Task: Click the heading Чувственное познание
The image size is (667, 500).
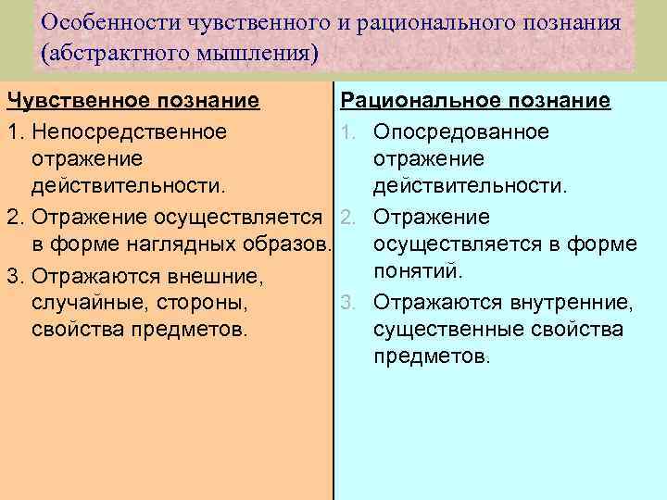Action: click(x=132, y=100)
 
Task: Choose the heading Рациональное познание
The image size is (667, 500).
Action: click(x=476, y=100)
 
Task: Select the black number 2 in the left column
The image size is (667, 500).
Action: click(x=13, y=217)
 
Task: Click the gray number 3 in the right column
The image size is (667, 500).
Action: click(x=345, y=302)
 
